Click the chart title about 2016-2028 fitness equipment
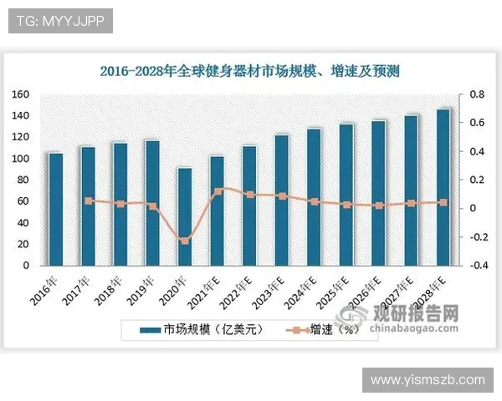coord(249,72)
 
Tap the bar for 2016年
coord(55,209)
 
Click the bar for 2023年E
coord(281,200)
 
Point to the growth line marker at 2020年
coord(185,241)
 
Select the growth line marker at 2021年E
coord(218,191)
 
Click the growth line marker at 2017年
coord(89,200)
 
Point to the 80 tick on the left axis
coord(23,180)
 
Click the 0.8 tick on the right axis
coord(476,94)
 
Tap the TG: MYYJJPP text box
coord(59,21)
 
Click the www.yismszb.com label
coord(428,380)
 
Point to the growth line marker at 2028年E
coord(443,202)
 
